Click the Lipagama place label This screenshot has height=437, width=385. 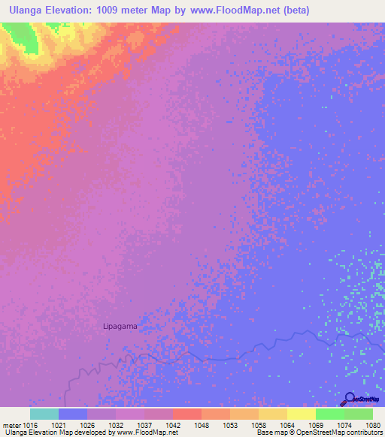point(121,327)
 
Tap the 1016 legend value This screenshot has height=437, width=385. point(30,424)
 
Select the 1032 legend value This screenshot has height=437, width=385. point(116,424)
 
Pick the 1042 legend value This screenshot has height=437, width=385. point(173,424)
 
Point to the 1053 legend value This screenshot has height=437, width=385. point(230,424)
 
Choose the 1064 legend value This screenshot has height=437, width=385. point(287,424)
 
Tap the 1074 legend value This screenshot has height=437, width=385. point(344,424)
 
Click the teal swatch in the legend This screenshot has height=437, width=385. point(44,414)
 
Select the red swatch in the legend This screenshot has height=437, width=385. point(187,414)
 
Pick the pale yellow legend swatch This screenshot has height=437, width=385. point(302,414)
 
